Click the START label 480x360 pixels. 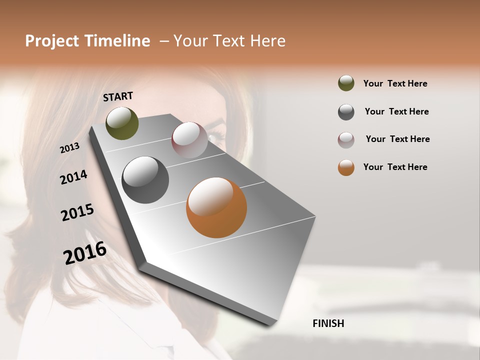point(118,96)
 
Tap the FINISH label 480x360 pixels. point(328,323)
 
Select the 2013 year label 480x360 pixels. point(69,148)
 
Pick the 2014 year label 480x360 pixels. point(73,177)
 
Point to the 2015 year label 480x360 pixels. point(77,212)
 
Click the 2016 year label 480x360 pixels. point(85,253)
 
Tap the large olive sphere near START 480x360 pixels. point(122,123)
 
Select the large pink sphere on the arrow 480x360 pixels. point(189,140)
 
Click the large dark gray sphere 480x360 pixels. point(145,180)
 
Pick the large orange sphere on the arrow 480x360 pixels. point(216,207)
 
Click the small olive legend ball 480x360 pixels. point(346,83)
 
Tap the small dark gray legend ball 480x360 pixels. point(346,111)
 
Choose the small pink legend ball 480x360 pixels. point(346,139)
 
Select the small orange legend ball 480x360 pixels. point(346,167)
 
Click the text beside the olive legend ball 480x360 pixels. point(395,83)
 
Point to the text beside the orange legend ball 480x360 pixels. point(395,167)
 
